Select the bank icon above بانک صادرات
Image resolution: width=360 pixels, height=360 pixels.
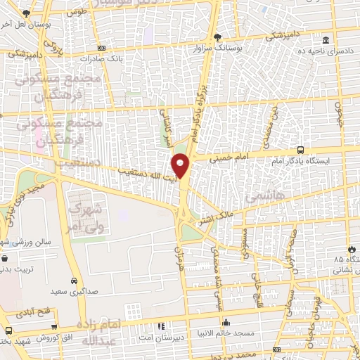[x=103, y=48]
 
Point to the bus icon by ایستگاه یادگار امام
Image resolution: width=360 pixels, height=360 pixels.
[x=301, y=150]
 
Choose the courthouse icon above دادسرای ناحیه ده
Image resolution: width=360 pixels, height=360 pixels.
[x=325, y=39]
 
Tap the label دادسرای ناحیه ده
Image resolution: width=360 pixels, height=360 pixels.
[x=326, y=51]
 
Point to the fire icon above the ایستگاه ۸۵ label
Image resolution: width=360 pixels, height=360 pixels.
[x=351, y=250]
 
